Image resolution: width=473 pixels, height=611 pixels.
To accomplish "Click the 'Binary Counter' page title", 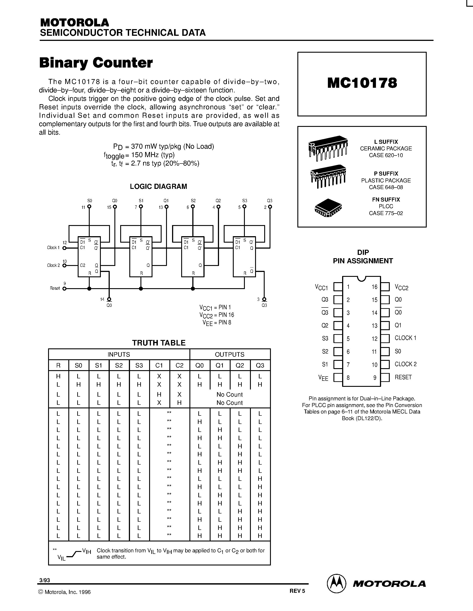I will coord(96,63).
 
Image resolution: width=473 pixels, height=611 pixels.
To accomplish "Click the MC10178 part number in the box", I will coord(362,83).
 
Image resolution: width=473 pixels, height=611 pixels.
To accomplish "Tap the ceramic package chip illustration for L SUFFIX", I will coord(328,148).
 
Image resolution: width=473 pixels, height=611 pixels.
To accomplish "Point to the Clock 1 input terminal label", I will coord(53,248).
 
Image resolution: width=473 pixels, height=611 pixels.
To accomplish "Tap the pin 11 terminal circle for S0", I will coord(89,207).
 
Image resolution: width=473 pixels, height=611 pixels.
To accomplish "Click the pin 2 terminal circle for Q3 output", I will coord(270,207).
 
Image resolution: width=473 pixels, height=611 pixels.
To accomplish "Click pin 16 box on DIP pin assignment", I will coord(385,287).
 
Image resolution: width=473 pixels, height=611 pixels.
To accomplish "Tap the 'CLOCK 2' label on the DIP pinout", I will coord(406,364).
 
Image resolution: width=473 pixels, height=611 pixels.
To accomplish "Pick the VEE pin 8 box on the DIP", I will coord(338,377).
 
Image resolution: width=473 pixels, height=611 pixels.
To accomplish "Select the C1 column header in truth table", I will coord(159,365).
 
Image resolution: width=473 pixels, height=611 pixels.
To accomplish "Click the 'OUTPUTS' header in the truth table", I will coord(229,354).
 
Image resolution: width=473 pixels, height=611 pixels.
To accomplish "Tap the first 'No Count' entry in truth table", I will coord(229,394).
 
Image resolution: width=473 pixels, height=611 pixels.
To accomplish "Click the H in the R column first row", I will coord(58,376).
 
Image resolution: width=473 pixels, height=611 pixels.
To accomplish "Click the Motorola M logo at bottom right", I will coord(336,584).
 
